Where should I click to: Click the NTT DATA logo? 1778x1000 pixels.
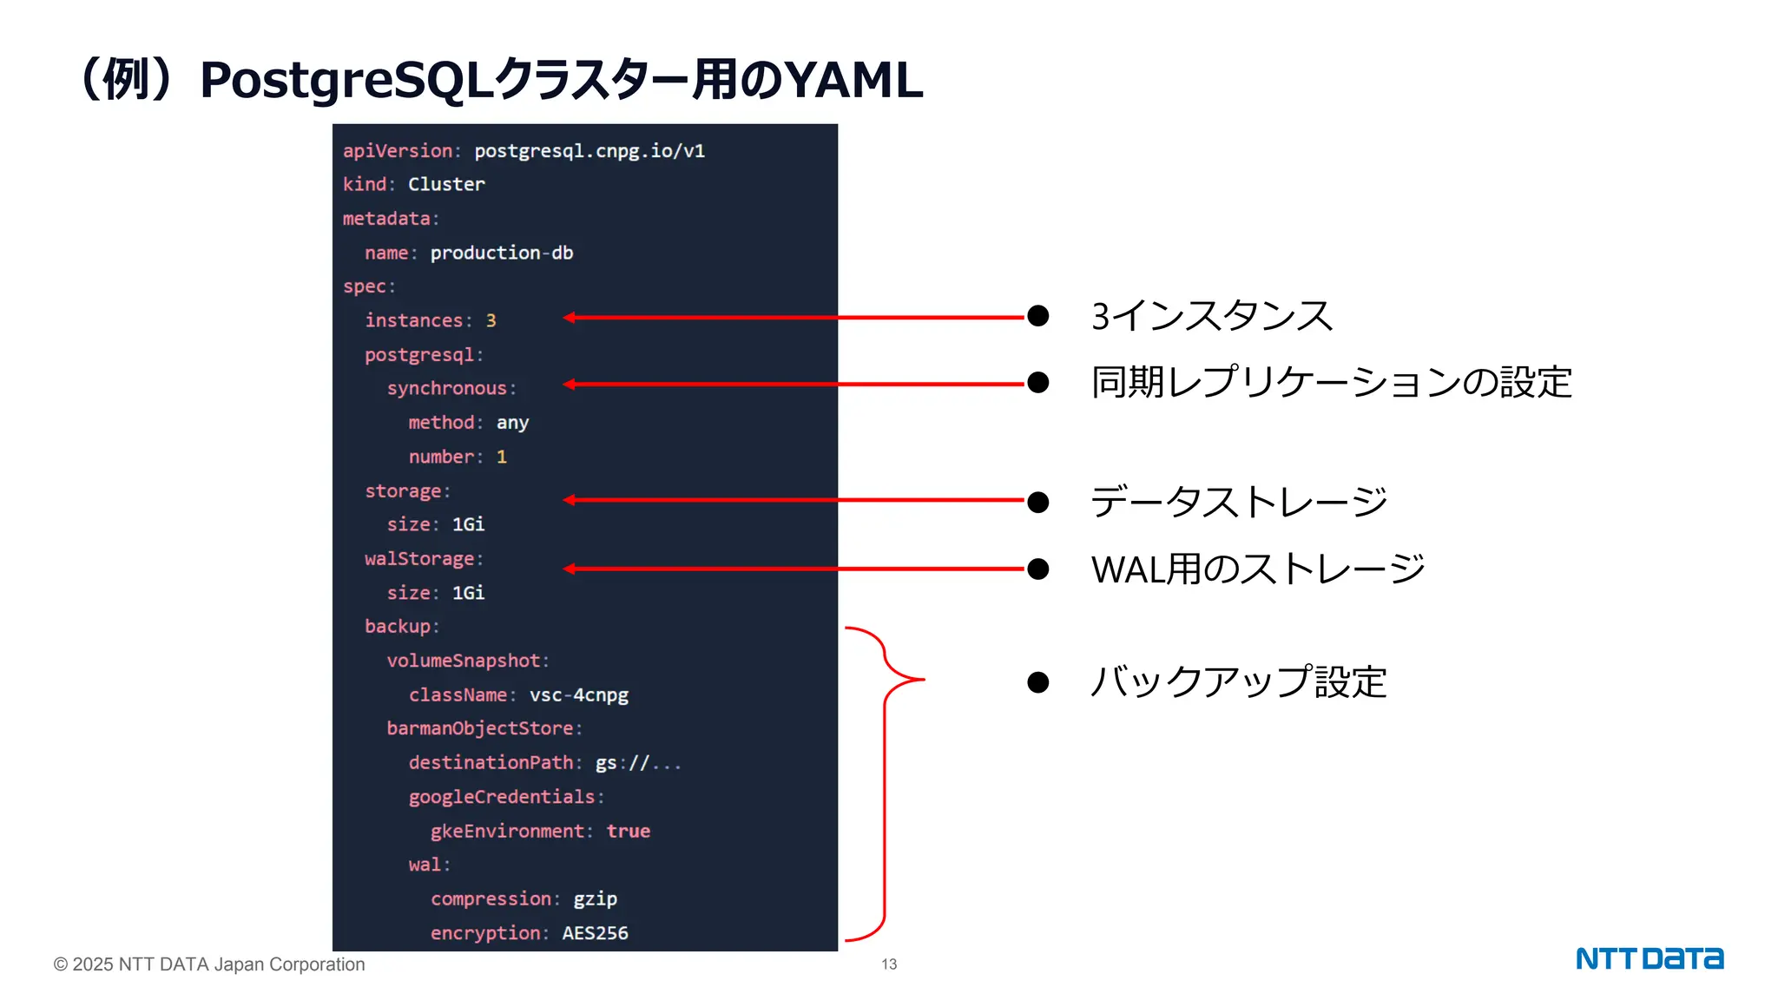[x=1649, y=958]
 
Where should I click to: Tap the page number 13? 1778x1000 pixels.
[x=889, y=964]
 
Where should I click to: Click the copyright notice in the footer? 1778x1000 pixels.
[x=209, y=964]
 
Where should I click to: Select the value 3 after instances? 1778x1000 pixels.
[x=491, y=320]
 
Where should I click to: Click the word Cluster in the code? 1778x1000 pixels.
[x=446, y=184]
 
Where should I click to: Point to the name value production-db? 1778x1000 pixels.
[x=501, y=253]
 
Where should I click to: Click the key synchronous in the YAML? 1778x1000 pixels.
[x=446, y=388]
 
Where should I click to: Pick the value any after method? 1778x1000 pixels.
[x=512, y=423]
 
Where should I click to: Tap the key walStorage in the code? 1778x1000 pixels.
[x=419, y=559]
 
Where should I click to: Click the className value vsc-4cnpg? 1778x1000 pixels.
[x=578, y=694]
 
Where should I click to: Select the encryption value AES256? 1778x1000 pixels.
[x=595, y=933]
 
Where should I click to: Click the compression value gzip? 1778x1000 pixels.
[x=595, y=898]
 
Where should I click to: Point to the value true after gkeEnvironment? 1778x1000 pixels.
[x=628, y=831]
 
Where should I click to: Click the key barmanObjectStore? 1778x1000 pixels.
[x=479, y=728]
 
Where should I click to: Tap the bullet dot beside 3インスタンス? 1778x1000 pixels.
[x=1037, y=316]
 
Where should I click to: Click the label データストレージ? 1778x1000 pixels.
[x=1238, y=502]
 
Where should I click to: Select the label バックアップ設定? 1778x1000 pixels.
[x=1238, y=681]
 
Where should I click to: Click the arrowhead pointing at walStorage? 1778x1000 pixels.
[x=569, y=569]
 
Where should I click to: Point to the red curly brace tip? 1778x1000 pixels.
[x=922, y=679]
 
